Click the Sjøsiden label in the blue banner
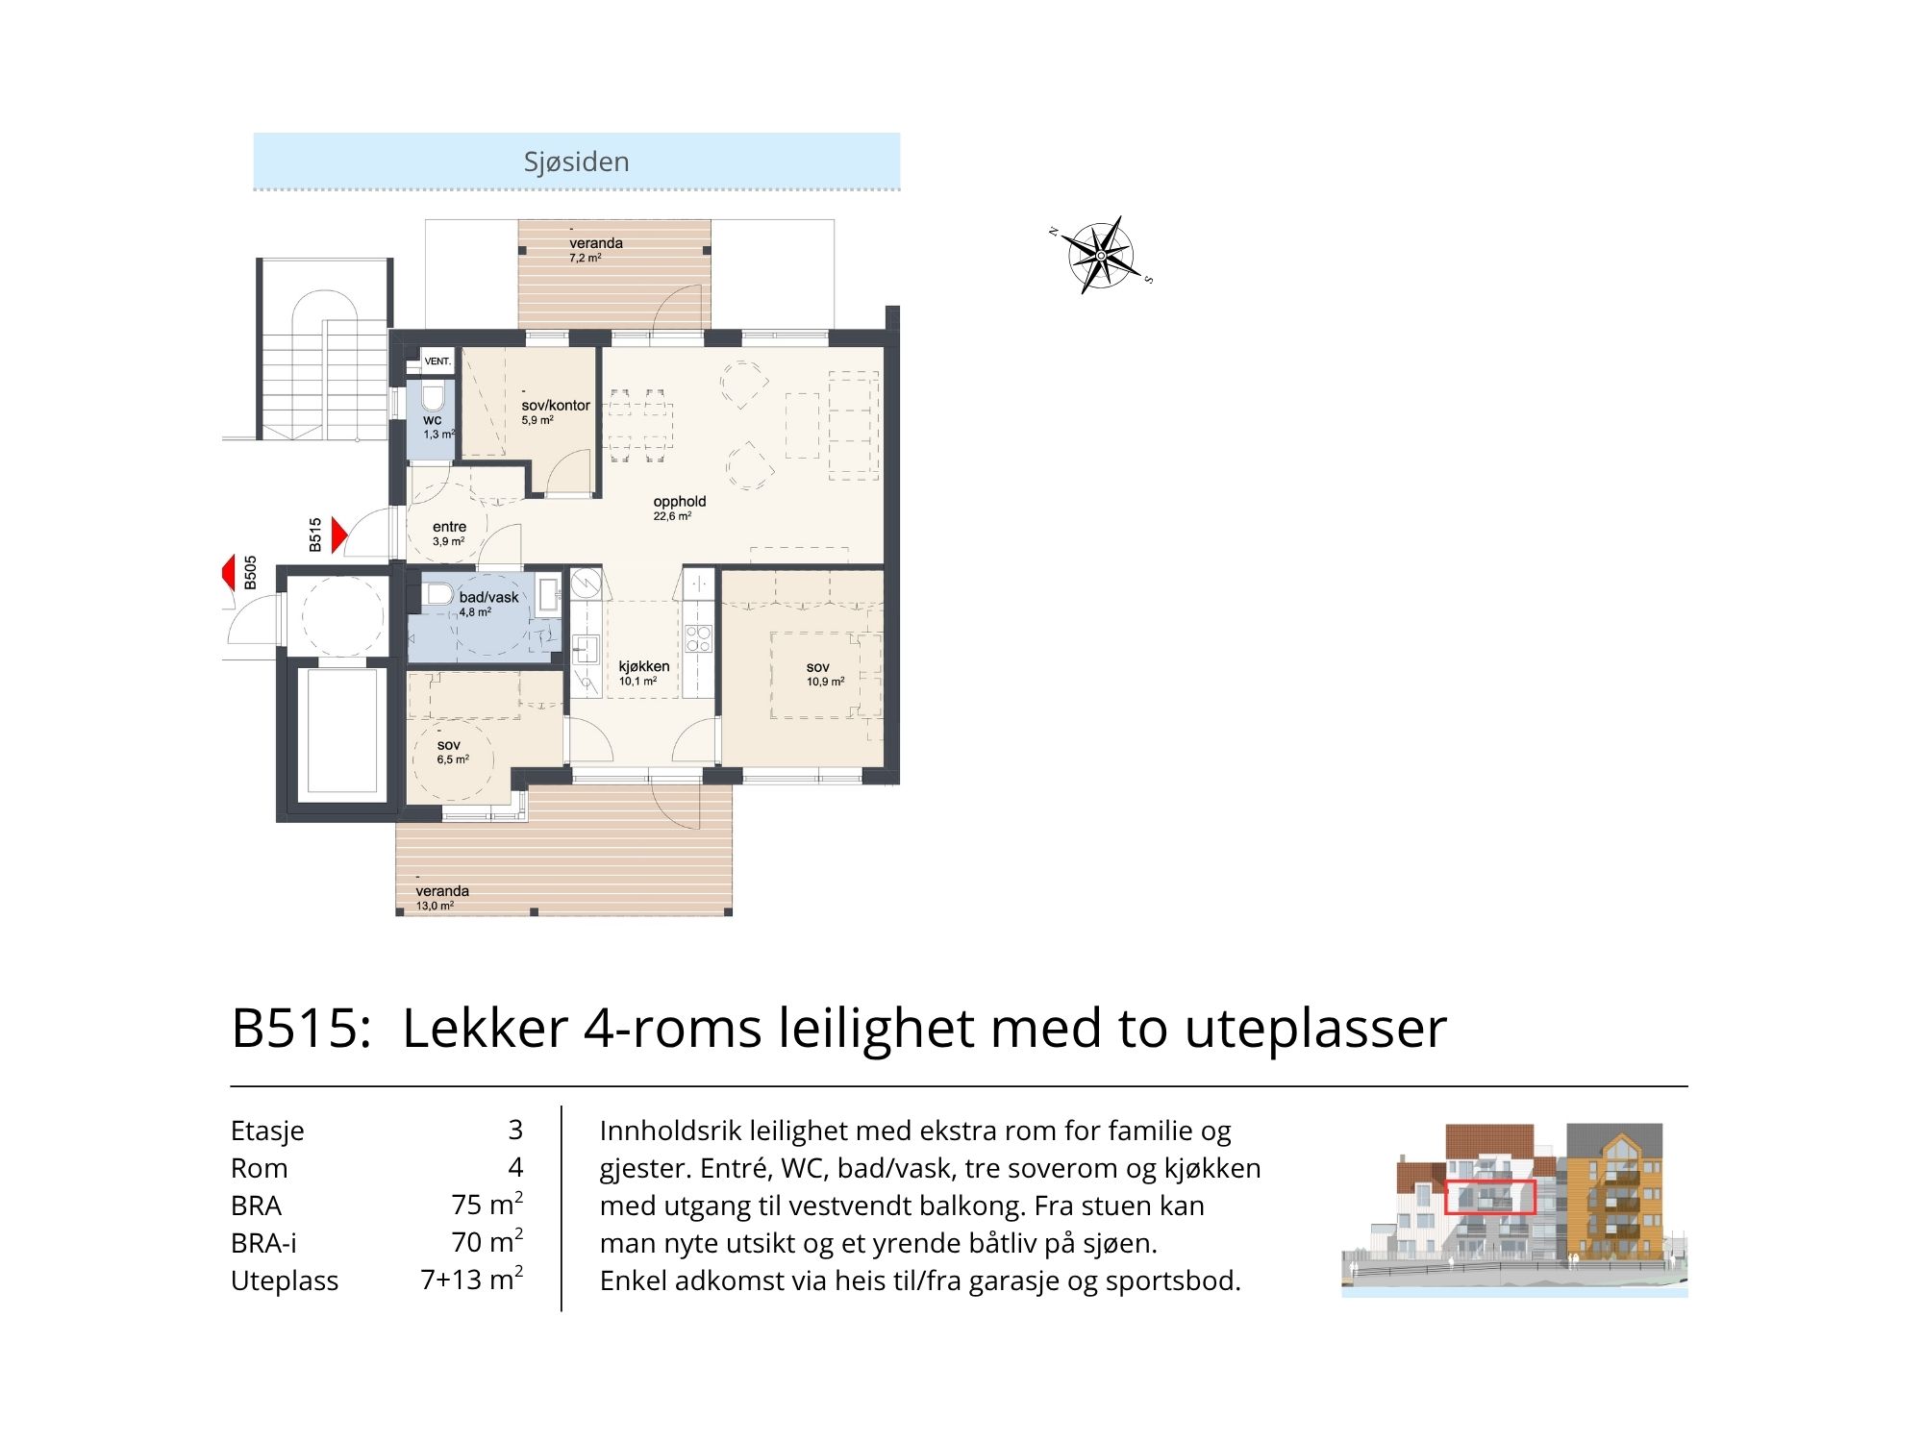tap(576, 162)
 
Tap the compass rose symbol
tap(1101, 255)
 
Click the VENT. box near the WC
tap(437, 361)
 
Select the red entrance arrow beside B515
tap(338, 535)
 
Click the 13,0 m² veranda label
tap(442, 898)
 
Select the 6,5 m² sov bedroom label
tap(452, 752)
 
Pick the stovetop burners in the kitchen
tap(698, 638)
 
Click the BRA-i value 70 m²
tap(487, 1241)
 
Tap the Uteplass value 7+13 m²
tap(472, 1279)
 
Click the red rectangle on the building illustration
tap(1490, 1197)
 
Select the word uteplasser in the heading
tap(1315, 1029)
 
